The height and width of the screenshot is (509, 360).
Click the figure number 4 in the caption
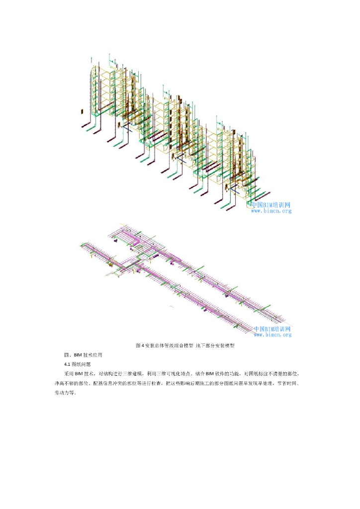142,345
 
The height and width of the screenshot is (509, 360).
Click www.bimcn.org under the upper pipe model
270,211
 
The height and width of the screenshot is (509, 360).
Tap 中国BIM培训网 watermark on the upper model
270,204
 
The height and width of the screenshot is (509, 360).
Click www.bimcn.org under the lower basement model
272,335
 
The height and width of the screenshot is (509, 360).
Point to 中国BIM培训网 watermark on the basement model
272,329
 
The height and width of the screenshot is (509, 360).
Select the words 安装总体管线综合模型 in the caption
169,345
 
